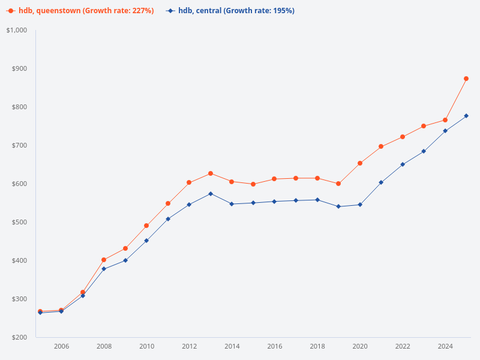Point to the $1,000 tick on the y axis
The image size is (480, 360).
tap(17, 30)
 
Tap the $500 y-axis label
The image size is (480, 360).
tap(20, 222)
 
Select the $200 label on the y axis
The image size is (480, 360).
tap(20, 337)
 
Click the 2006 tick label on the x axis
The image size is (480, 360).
tap(61, 346)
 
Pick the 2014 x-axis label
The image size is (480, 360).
tap(232, 346)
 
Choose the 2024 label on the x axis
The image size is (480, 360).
tap(445, 346)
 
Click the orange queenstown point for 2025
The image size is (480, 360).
tap(466, 79)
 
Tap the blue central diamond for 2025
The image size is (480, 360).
tap(466, 116)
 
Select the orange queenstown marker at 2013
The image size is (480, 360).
tap(211, 173)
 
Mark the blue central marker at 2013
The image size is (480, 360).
tap(211, 194)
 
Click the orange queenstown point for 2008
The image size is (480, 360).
tap(104, 260)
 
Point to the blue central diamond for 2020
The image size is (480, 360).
tap(360, 205)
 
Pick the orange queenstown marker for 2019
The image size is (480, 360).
tap(338, 184)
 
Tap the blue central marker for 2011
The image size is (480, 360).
tap(168, 219)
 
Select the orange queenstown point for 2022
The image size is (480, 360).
tap(403, 137)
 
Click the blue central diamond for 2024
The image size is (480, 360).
tap(445, 131)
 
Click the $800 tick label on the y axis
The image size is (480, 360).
tap(20, 107)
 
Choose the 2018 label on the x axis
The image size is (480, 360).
tap(317, 346)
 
